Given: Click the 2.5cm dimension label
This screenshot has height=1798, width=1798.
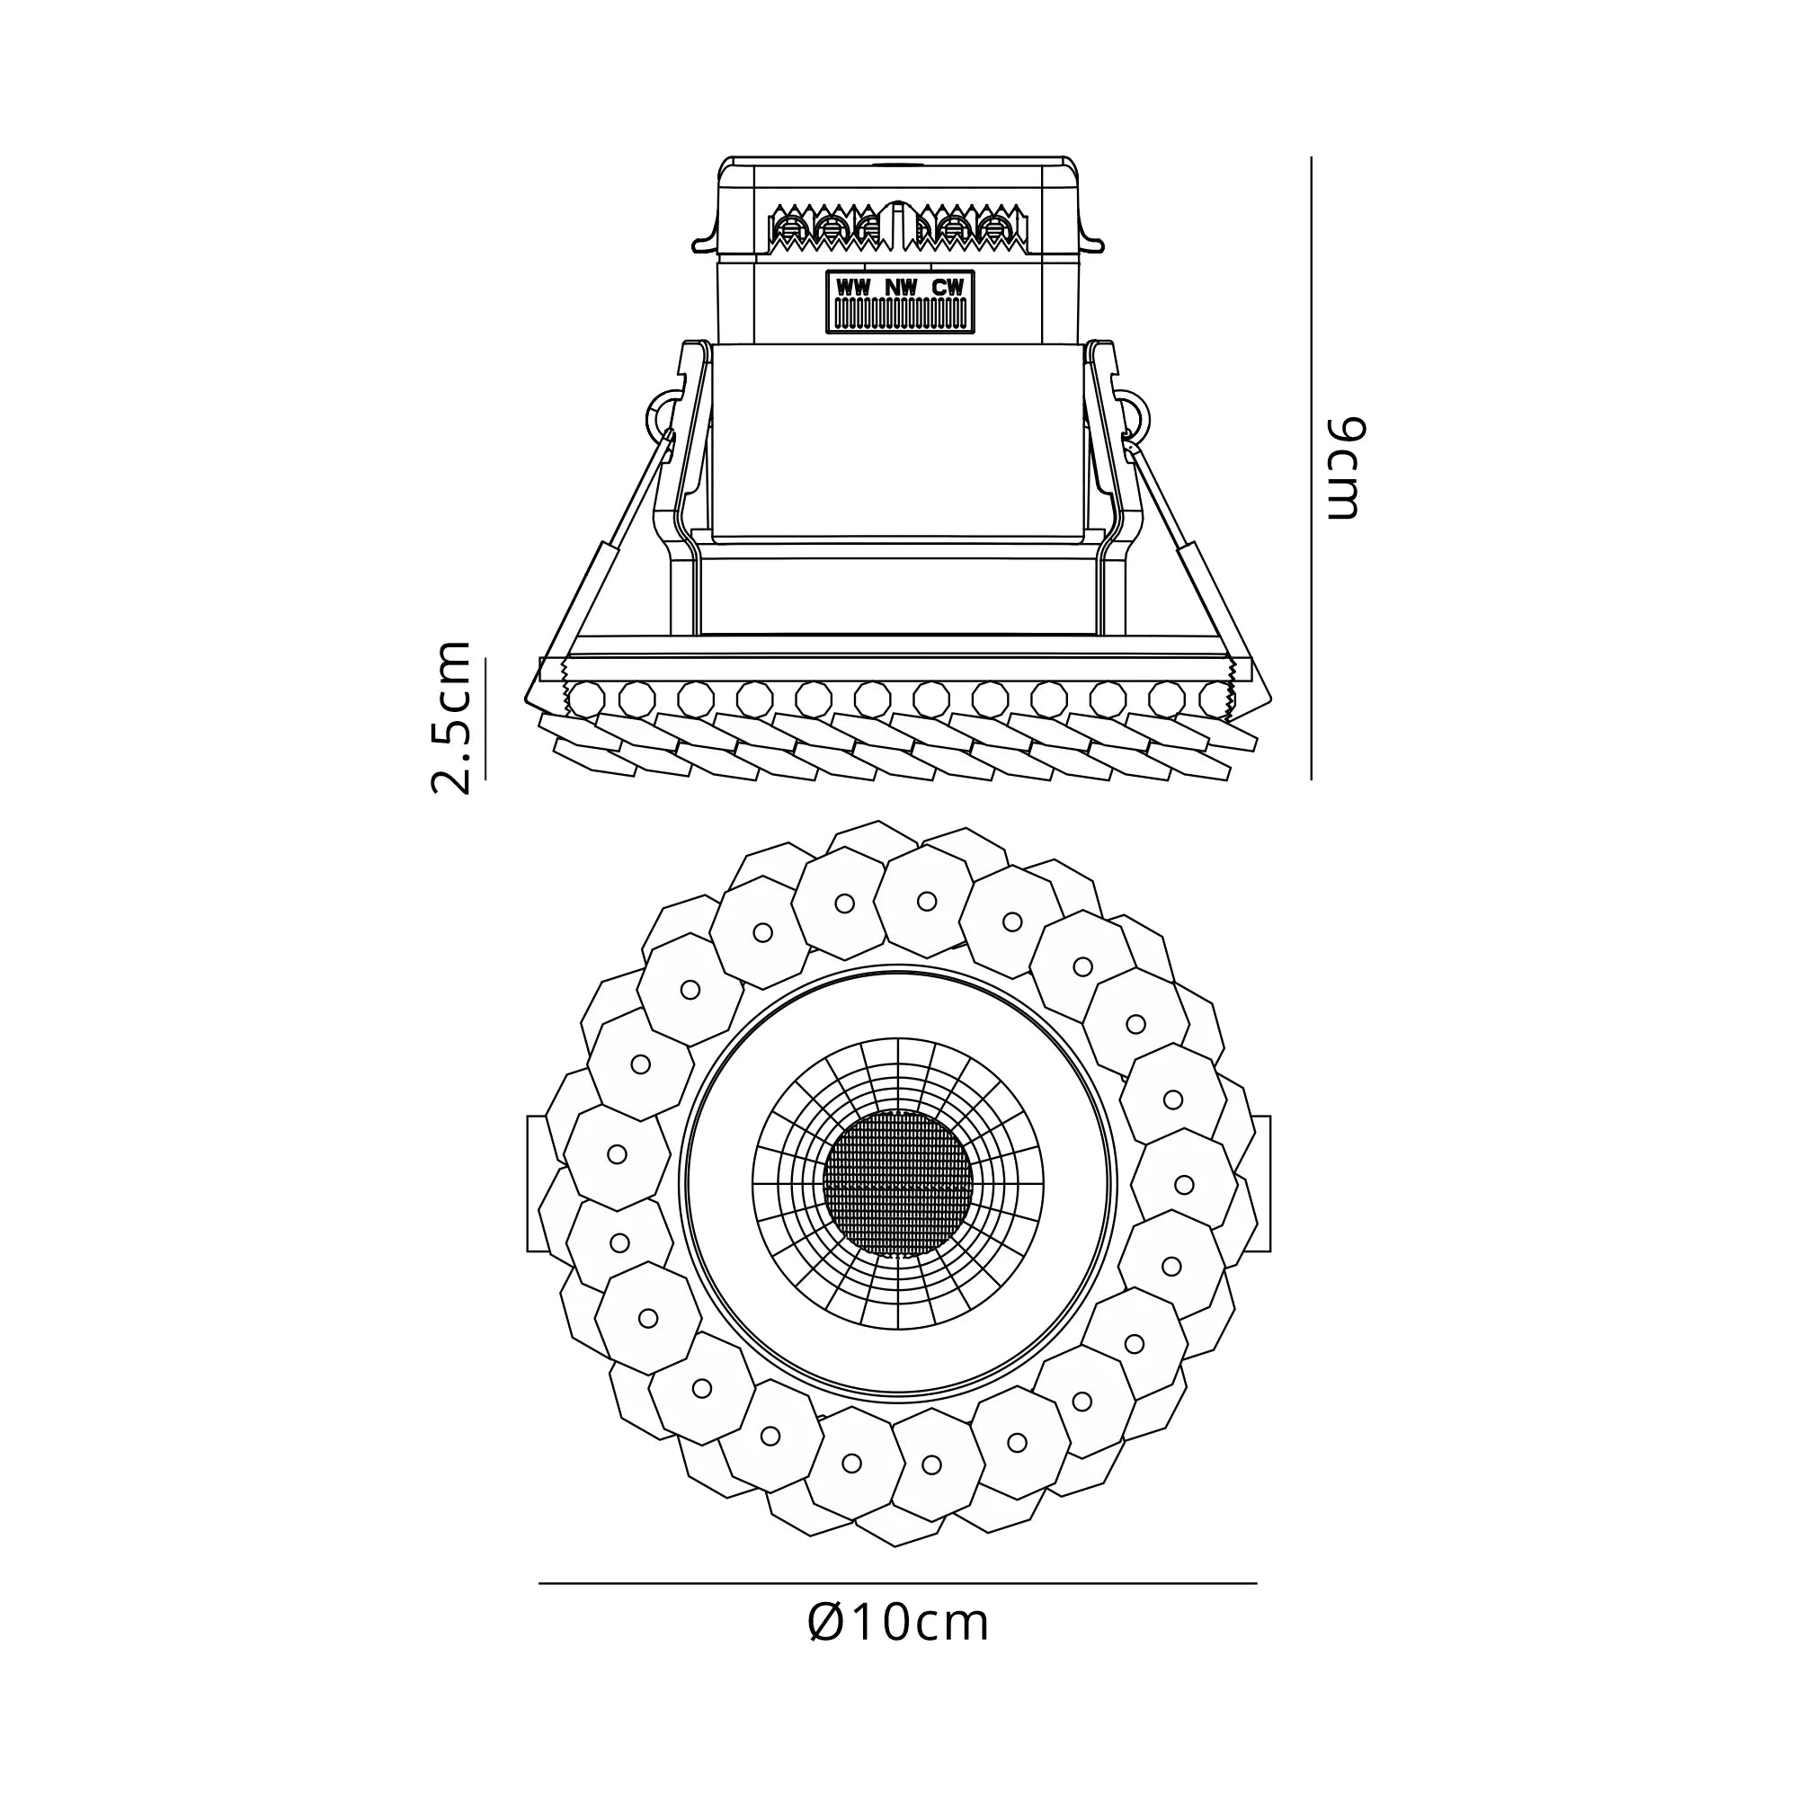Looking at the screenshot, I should pos(451,717).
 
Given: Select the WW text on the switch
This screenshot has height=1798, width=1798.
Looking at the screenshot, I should pos(852,288).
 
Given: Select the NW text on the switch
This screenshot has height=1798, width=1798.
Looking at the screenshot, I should pos(900,288).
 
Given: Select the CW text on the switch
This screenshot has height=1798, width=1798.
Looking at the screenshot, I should pos(948,288).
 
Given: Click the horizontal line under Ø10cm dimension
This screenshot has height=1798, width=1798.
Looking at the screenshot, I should pos(898,1583).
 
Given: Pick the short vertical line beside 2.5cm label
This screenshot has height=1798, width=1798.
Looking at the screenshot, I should pos(485,717).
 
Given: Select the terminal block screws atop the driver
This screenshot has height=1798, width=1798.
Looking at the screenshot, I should pos(898,228).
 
